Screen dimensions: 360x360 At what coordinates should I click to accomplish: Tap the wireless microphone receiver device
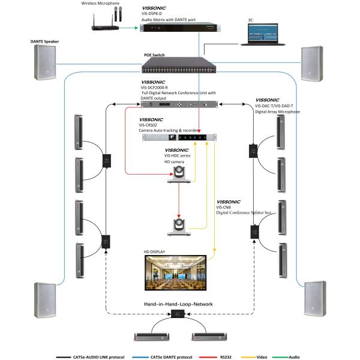[106, 27]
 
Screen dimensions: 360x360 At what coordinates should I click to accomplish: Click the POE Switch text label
[154, 55]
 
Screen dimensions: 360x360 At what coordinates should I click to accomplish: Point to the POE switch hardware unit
[179, 64]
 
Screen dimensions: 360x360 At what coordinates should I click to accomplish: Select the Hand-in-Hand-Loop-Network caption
[178, 304]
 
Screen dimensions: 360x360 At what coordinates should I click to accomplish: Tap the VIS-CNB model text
[223, 207]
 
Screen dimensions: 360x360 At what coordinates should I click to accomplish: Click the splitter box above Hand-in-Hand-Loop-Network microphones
[178, 314]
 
